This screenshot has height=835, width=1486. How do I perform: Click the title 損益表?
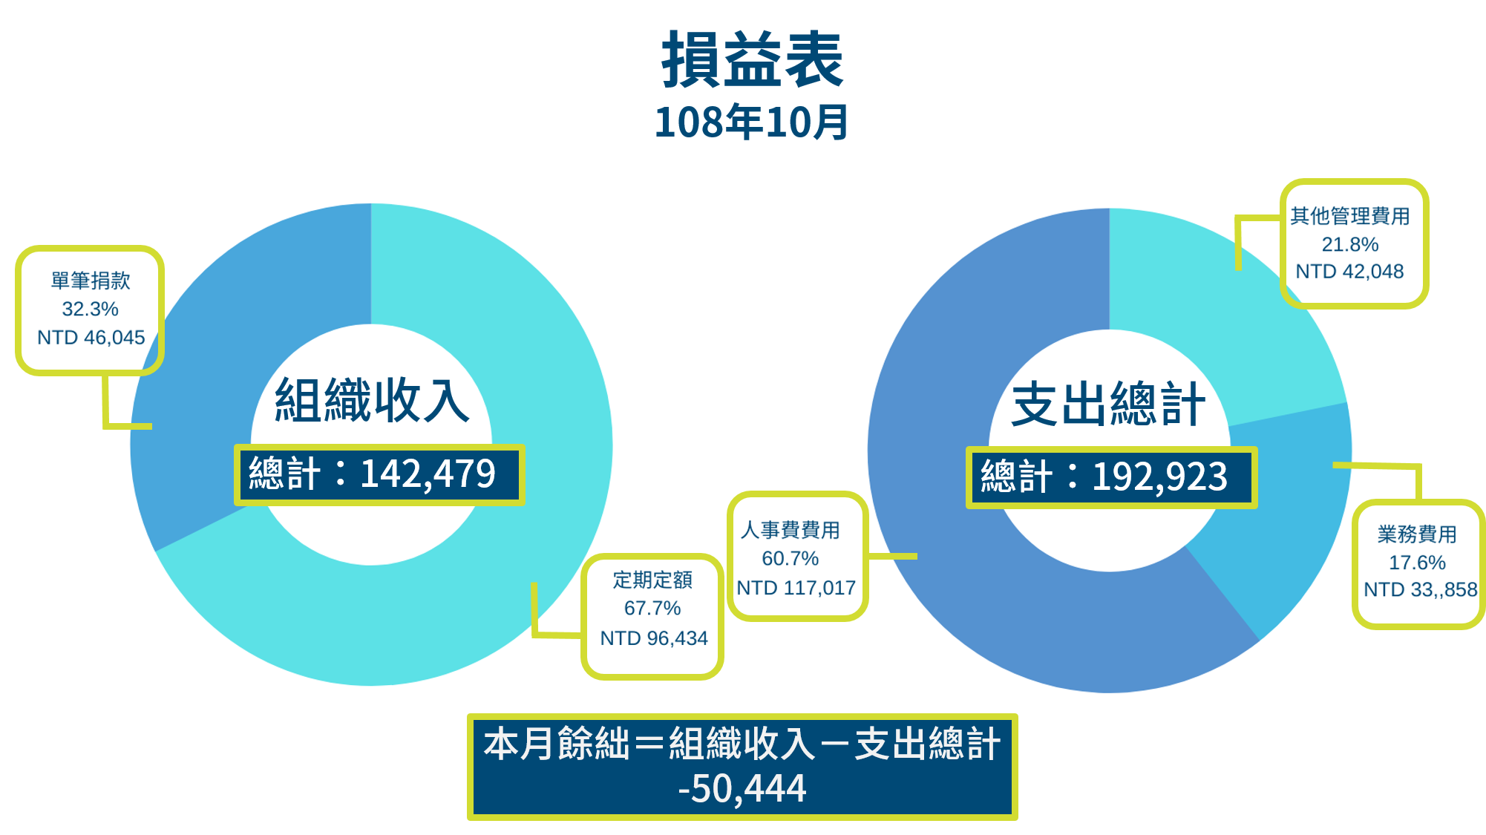[x=752, y=59]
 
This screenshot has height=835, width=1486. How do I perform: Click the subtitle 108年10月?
[x=751, y=122]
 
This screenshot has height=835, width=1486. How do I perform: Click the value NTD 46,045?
[x=91, y=338]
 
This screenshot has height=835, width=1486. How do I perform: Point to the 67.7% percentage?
[x=652, y=608]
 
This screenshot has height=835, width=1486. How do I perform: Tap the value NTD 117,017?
[x=796, y=588]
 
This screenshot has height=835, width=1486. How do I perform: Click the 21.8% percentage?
[x=1350, y=244]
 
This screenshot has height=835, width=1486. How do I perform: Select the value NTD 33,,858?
[x=1421, y=589]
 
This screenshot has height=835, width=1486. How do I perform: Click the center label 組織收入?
[x=372, y=400]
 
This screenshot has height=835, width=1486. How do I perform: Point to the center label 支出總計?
[x=1109, y=405]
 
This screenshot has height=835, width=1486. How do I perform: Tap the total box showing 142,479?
[x=379, y=475]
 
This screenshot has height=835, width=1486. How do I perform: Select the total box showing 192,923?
[x=1111, y=477]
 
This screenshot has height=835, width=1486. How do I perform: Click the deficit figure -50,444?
[x=742, y=788]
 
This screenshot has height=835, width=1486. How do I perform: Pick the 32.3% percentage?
[x=90, y=309]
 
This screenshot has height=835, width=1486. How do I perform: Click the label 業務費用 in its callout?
[x=1417, y=534]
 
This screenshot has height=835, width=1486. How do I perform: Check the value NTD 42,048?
[x=1349, y=272]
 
